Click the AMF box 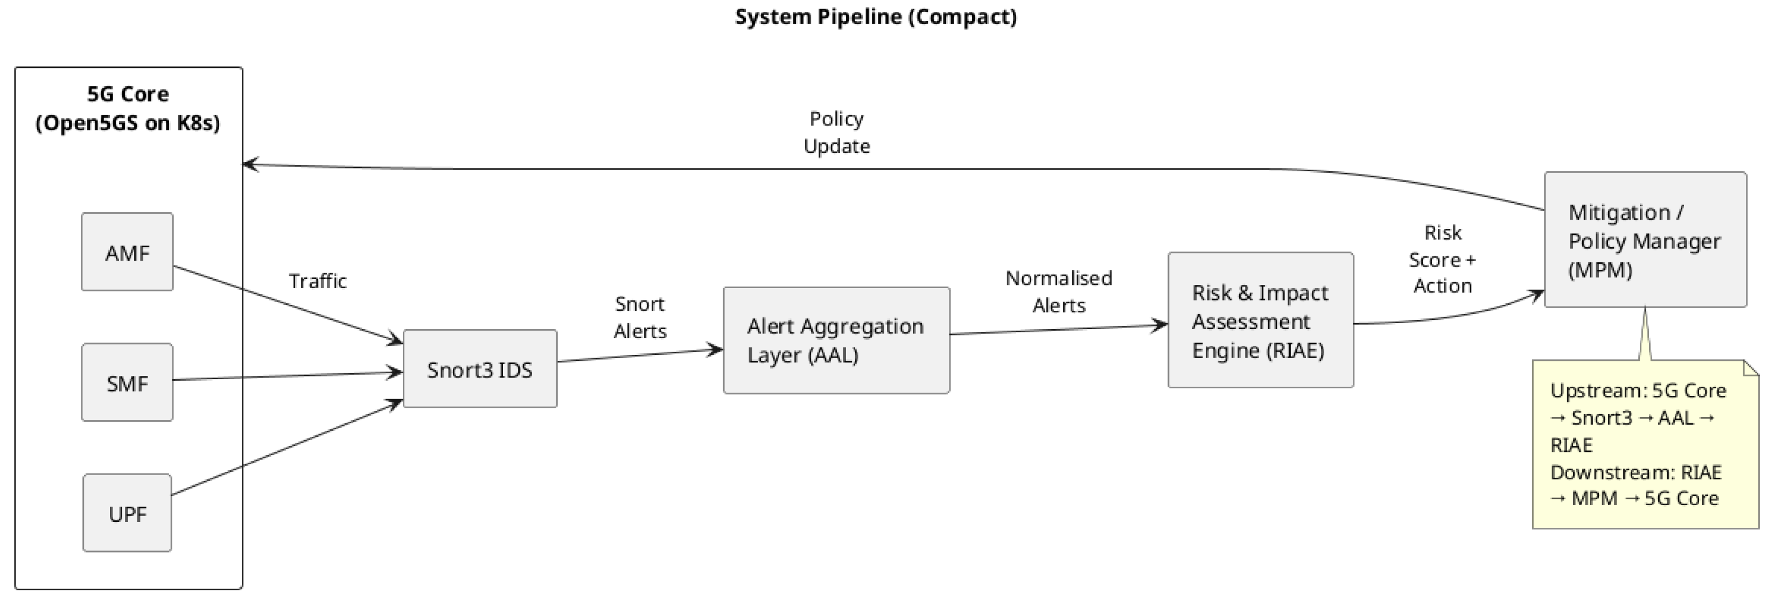tap(127, 252)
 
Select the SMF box tap(127, 382)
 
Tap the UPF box tap(127, 513)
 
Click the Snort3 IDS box tap(480, 369)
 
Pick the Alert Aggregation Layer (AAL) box tap(836, 340)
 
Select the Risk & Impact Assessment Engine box tap(1260, 320)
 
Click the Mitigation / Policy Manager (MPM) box tap(1645, 240)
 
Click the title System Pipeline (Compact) tap(876, 17)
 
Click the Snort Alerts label tap(640, 318)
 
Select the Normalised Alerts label tap(1058, 292)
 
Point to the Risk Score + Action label tap(1442, 260)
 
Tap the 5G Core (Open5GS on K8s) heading tap(128, 108)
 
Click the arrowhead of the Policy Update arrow tap(250, 164)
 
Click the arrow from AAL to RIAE tap(1058, 330)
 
